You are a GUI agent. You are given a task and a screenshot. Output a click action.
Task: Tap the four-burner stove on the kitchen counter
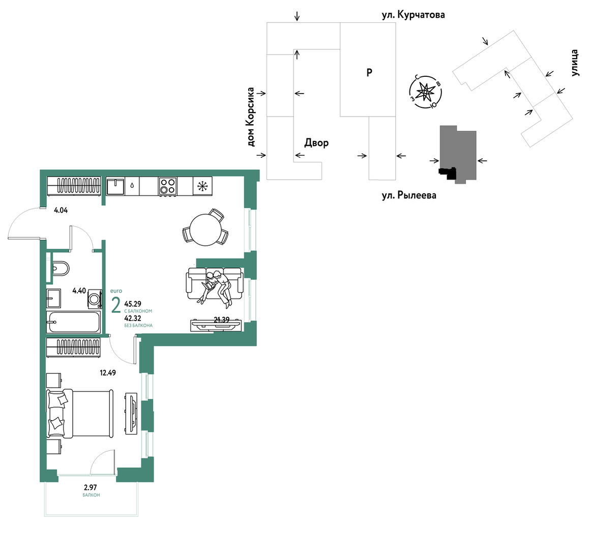click(x=167, y=186)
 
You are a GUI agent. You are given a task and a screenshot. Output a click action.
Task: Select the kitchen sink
click(x=115, y=186)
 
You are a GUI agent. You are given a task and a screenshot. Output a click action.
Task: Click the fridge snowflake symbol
click(x=202, y=186)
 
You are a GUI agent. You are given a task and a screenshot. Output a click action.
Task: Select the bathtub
click(x=74, y=322)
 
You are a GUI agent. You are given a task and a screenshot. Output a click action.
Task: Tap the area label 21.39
click(x=222, y=320)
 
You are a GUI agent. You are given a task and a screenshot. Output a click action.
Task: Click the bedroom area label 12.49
click(x=108, y=373)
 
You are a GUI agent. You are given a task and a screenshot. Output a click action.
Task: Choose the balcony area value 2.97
click(x=91, y=488)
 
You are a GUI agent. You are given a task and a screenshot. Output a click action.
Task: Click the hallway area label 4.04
click(x=61, y=211)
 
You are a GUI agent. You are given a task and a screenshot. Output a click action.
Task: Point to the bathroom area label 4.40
click(x=79, y=291)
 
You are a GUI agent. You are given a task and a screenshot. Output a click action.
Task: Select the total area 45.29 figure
click(x=133, y=304)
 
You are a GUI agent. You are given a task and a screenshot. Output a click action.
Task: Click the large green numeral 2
click(x=116, y=305)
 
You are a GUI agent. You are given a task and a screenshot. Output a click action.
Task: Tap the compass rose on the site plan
click(x=426, y=92)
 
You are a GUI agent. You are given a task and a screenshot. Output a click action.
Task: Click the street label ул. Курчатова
click(x=413, y=15)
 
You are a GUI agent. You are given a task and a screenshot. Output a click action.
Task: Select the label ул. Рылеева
click(x=409, y=195)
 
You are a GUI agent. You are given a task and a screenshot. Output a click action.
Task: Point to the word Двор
click(x=316, y=143)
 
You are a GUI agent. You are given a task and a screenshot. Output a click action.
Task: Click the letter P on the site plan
click(x=369, y=72)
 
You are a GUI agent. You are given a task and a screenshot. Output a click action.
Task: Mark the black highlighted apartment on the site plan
click(x=448, y=173)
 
